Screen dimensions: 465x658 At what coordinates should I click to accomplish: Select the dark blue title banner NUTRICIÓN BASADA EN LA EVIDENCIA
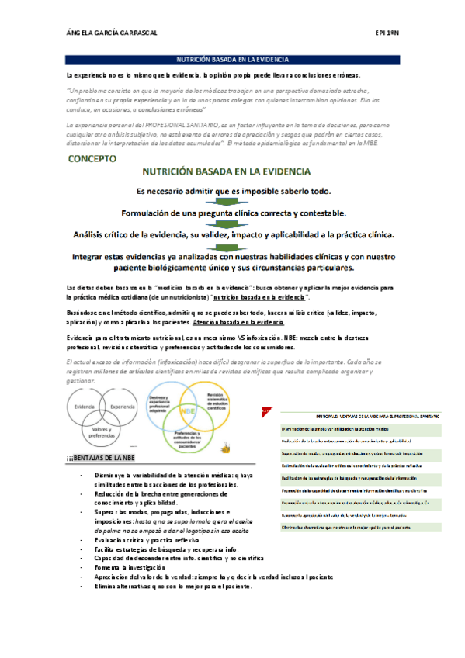233,59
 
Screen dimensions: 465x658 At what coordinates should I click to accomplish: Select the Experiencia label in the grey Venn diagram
123,407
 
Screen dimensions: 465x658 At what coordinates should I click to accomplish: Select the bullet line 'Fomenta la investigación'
140,567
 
